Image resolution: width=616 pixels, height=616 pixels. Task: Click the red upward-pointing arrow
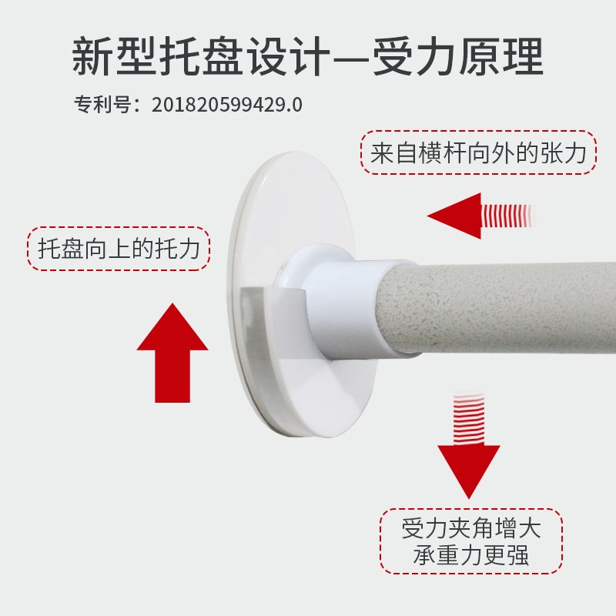(172, 353)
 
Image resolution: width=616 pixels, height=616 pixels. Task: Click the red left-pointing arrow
(479, 216)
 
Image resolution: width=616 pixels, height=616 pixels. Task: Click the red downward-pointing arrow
(469, 446)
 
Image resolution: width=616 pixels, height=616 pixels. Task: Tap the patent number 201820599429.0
(227, 105)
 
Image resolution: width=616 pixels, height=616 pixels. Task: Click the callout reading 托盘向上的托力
(119, 249)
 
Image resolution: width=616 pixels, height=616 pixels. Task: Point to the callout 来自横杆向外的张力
(478, 152)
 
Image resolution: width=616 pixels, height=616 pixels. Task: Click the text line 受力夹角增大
(471, 528)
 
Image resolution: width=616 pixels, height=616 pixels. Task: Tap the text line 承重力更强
(471, 554)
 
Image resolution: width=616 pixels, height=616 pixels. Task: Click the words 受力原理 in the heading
(457, 56)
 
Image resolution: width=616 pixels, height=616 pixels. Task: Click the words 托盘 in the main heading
(200, 56)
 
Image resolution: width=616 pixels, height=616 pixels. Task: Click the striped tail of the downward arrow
(469, 418)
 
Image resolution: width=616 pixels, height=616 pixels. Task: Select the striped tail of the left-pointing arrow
(507, 216)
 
